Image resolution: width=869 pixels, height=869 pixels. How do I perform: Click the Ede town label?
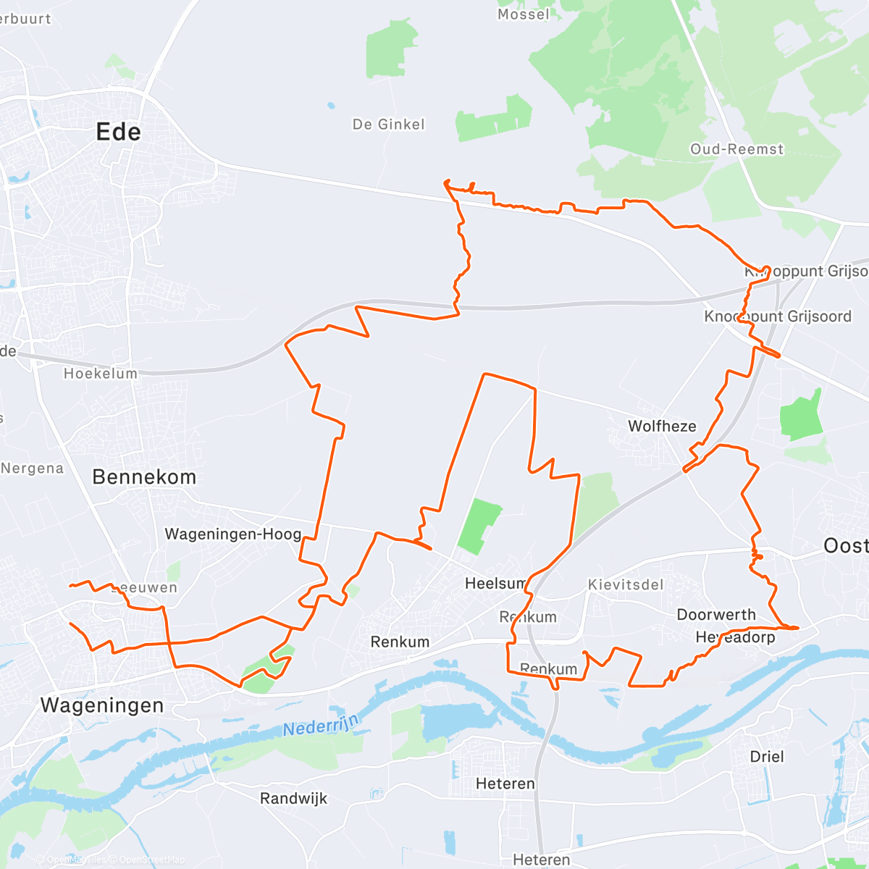[x=118, y=132]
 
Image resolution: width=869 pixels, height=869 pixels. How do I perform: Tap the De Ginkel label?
[x=388, y=125]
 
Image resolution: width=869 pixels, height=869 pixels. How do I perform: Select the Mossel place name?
[x=523, y=14]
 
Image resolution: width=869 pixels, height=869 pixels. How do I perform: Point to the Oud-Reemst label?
[x=736, y=149]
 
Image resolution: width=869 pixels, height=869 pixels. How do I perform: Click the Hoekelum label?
[x=100, y=374]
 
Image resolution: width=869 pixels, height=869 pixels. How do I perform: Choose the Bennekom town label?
[x=144, y=477]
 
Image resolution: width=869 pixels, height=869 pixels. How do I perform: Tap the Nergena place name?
[x=33, y=469]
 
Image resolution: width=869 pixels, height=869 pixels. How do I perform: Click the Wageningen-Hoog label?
[x=232, y=534]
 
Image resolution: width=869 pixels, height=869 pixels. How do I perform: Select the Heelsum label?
[x=495, y=583]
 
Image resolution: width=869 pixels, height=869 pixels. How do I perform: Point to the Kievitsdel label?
[x=626, y=584]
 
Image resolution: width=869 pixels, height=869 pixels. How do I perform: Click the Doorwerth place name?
[x=715, y=615]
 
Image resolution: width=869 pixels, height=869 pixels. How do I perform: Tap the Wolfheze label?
[x=662, y=427]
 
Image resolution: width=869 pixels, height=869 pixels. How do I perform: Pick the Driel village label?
[x=767, y=757]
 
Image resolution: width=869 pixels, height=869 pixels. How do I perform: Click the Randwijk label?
[x=293, y=799]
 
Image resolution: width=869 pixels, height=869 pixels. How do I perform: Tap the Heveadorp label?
[x=735, y=637]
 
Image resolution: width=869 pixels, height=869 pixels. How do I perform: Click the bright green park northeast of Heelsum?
[x=479, y=526]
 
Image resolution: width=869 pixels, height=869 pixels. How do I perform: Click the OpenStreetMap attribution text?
[x=151, y=860]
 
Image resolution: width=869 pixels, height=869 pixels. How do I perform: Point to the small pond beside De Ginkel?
[x=331, y=105]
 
